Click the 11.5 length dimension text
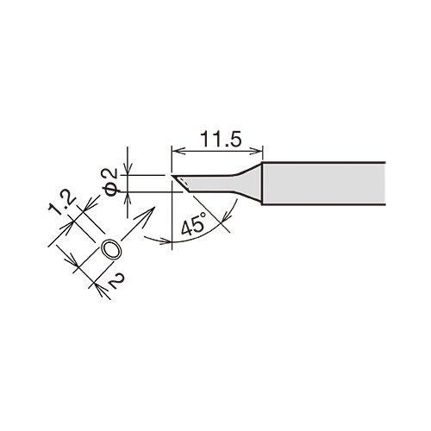(221, 139)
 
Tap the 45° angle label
(194, 223)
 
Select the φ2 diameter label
(109, 182)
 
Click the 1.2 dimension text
(62, 204)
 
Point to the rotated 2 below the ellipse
(117, 281)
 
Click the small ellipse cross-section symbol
(111, 249)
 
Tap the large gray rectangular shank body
(323, 184)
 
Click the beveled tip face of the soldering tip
(181, 183)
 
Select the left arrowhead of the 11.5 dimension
(178, 151)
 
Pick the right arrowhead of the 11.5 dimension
(257, 151)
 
